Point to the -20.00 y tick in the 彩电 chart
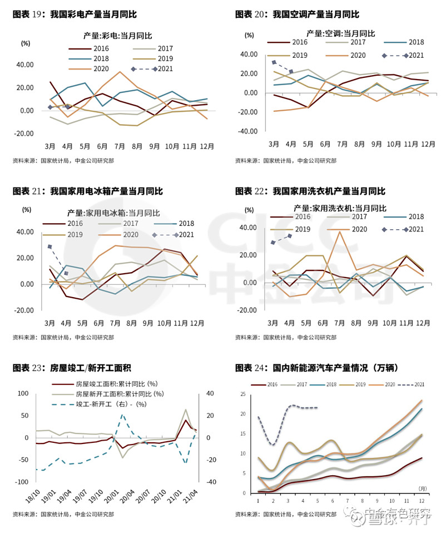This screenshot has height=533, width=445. point(23,134)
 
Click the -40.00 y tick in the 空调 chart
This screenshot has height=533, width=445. point(247,132)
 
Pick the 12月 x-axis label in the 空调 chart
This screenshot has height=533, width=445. point(427,144)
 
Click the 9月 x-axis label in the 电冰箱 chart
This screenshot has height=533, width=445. point(148,323)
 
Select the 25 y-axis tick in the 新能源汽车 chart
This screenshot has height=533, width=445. point(243,394)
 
